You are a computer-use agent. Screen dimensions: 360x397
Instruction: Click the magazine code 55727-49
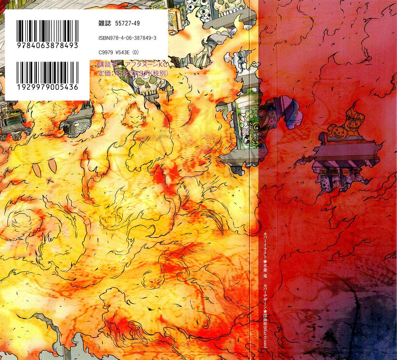(127, 24)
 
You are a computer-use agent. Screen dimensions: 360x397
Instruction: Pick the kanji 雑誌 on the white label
(104, 24)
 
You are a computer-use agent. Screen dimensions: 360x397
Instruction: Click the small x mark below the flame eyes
(49, 181)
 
